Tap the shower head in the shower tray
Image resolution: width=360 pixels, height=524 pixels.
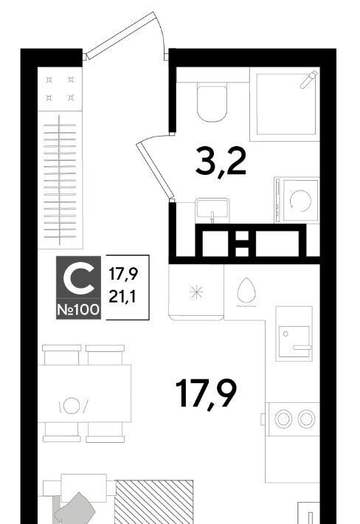[x=308, y=80]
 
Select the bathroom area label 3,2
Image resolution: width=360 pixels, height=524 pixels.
[x=221, y=162]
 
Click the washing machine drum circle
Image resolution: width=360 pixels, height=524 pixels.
[x=300, y=201]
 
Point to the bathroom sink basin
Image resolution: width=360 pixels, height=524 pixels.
[x=212, y=210]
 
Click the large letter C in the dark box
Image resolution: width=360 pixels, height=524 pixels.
[x=78, y=277]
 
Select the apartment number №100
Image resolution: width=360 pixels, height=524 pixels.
[x=78, y=310]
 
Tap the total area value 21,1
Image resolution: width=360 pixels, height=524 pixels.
[x=122, y=297]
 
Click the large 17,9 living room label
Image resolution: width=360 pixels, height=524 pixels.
[x=206, y=393]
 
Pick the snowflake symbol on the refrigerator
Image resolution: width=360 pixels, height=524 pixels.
[x=196, y=292]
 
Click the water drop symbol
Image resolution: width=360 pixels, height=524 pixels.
[x=246, y=290]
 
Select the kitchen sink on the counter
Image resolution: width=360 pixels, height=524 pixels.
[x=294, y=342]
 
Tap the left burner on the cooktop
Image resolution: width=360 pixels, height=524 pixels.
[x=283, y=418]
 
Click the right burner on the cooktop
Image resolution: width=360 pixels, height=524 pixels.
[x=306, y=418]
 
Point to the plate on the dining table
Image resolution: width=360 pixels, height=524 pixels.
[x=72, y=406]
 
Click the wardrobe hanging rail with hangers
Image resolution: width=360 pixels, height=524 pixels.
[x=60, y=180]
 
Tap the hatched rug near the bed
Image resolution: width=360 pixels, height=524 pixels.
[x=154, y=502]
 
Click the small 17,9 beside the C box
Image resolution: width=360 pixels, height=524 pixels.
[x=123, y=275]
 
